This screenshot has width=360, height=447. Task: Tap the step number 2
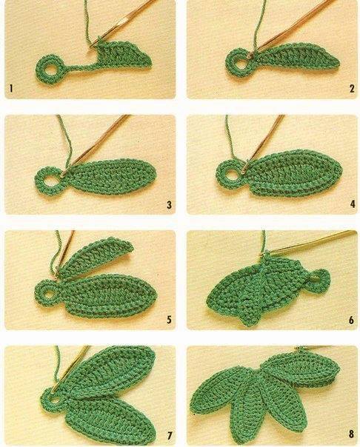(x=353, y=89)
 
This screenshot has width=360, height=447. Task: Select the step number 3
(x=169, y=204)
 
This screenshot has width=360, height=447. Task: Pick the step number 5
(x=169, y=320)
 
